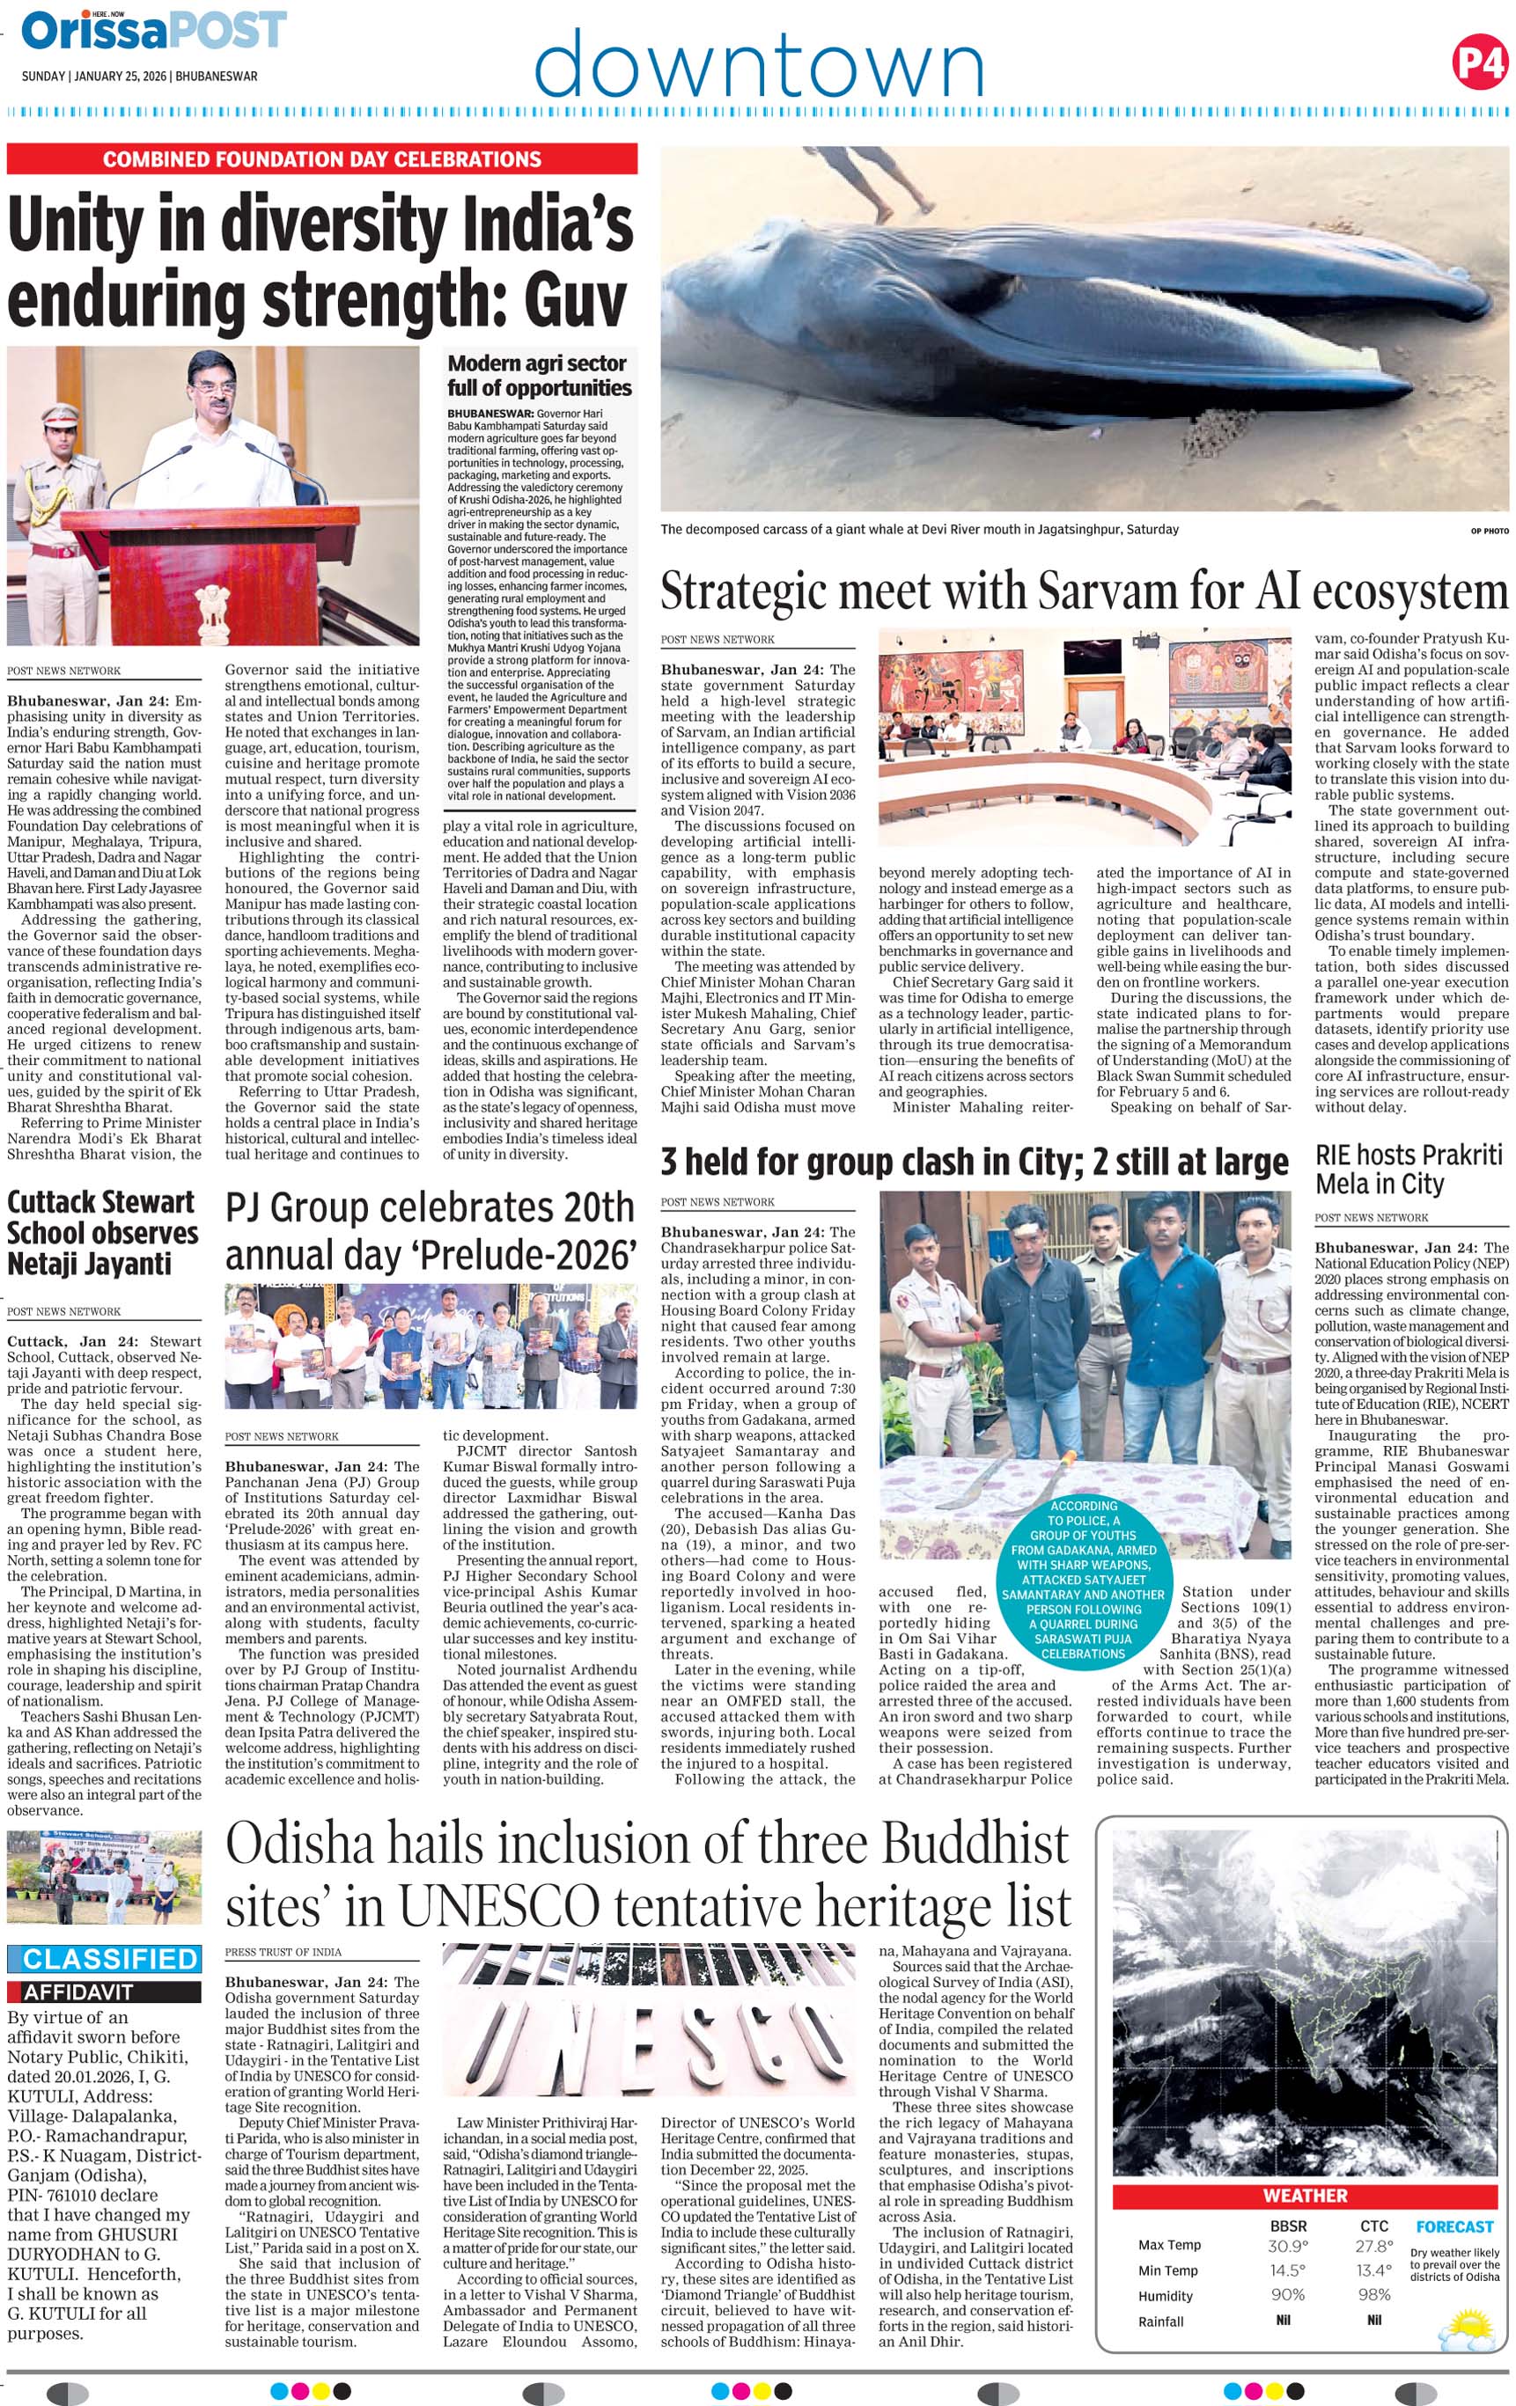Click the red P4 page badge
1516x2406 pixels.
click(1479, 63)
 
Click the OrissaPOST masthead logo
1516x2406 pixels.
click(154, 30)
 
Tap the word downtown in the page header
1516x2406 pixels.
click(759, 64)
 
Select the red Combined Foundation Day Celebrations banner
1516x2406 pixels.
click(322, 159)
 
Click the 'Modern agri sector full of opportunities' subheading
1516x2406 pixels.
click(540, 376)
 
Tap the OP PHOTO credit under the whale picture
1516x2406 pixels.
click(1489, 531)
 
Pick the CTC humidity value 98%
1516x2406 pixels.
click(1374, 2295)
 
